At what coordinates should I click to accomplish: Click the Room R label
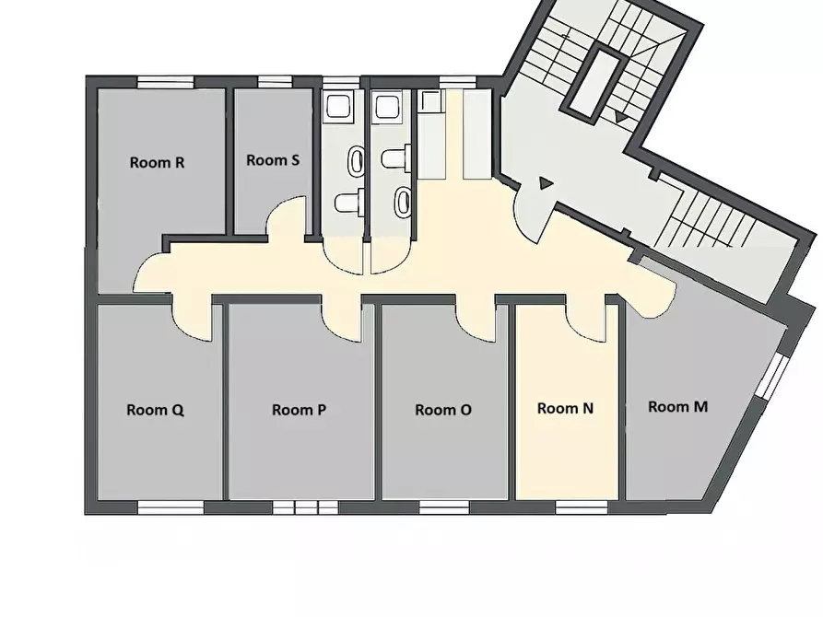click(157, 163)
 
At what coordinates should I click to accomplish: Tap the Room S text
click(273, 160)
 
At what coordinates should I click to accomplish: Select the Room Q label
click(156, 410)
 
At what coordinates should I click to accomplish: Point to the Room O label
click(443, 410)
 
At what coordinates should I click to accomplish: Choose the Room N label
click(565, 408)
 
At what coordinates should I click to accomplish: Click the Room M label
click(677, 407)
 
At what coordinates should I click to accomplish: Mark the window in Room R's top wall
click(165, 82)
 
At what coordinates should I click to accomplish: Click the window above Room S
click(275, 82)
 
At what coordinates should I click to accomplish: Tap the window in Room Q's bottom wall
click(170, 507)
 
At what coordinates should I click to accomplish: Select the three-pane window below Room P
click(305, 507)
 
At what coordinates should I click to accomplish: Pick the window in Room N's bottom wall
click(581, 507)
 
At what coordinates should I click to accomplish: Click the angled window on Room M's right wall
click(770, 376)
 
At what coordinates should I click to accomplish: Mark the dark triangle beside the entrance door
click(546, 183)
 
